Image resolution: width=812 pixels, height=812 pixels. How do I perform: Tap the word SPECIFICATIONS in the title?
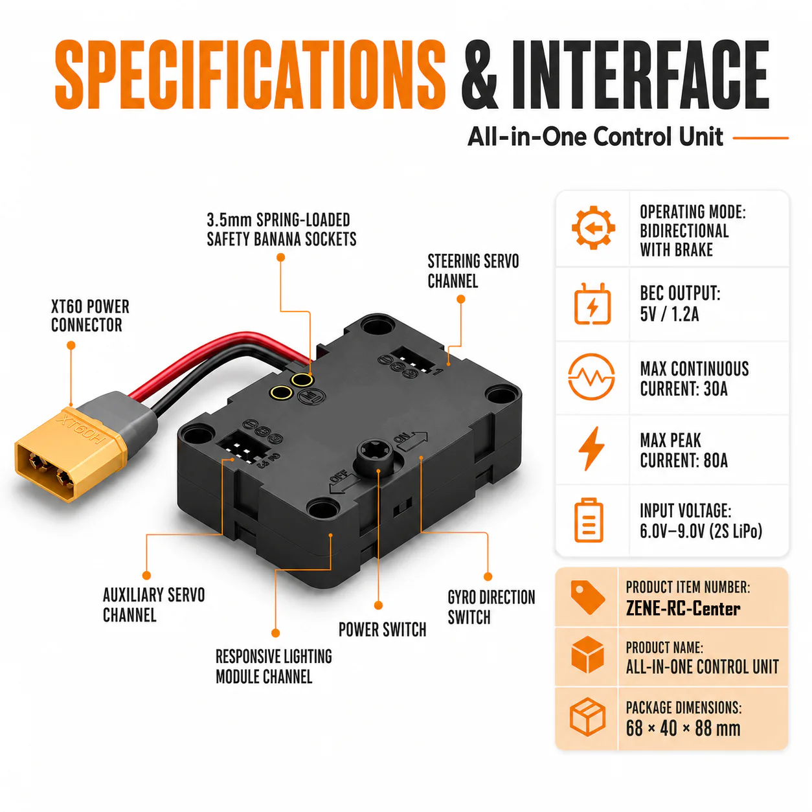point(250,74)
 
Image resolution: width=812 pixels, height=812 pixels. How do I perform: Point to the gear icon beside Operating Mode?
point(593,228)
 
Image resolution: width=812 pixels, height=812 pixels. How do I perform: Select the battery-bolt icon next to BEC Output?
point(592,304)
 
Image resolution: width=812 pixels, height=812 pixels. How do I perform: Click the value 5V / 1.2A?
point(669,314)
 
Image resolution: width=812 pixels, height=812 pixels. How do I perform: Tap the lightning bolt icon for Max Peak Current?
point(592,448)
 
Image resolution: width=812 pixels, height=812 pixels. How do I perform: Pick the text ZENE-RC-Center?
point(682,609)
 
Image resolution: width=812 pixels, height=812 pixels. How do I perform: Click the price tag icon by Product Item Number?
point(587,598)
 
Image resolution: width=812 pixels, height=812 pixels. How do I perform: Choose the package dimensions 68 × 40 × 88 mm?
point(682,728)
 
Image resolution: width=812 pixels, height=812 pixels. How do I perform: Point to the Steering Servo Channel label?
point(473,271)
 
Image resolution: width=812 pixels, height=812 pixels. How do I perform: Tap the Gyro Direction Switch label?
point(491,607)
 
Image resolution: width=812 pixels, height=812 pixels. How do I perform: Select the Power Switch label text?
point(382,629)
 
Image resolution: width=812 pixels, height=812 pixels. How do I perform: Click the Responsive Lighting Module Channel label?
point(273,666)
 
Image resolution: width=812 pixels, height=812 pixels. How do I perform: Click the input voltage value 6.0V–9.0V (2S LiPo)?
point(701,531)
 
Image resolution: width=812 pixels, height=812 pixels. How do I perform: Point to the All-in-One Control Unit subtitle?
point(595,137)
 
